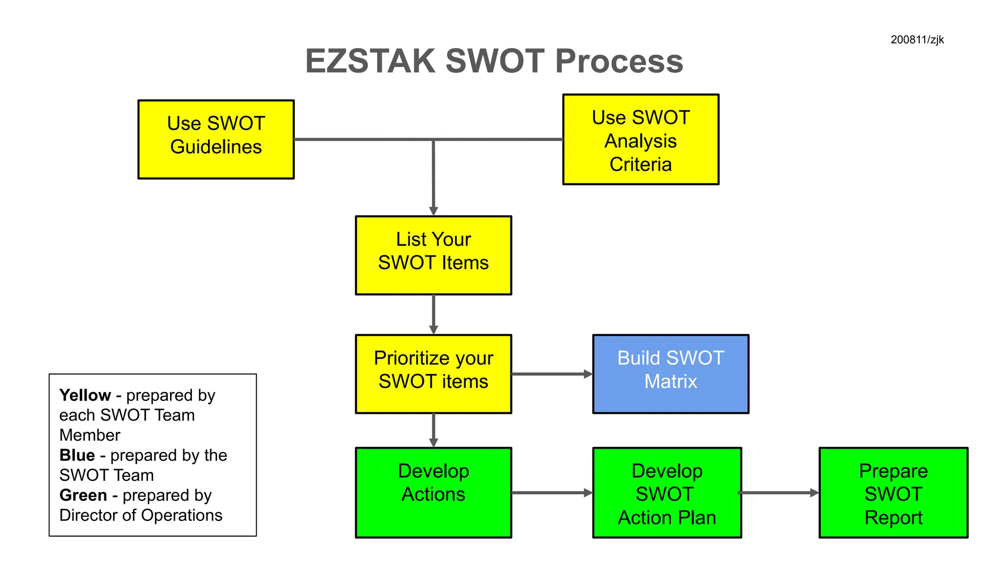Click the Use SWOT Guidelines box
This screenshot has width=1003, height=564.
[x=216, y=140]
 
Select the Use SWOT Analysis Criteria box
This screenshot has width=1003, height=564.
[x=641, y=140]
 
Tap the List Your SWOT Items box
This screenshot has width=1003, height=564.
[x=433, y=255]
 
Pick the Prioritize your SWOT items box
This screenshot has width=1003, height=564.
[x=433, y=374]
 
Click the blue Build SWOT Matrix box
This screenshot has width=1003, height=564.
[x=670, y=374]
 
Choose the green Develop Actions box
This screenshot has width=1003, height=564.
[x=433, y=493]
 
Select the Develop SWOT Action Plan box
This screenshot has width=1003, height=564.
[x=667, y=493]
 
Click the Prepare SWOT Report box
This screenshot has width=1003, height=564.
[x=893, y=493]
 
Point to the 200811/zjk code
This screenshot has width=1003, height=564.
[x=917, y=40]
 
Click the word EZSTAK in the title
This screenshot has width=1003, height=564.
[x=370, y=62]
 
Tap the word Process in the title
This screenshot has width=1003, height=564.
[x=619, y=62]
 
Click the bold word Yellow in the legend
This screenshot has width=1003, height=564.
[x=85, y=395]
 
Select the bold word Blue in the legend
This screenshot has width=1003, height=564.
[x=77, y=455]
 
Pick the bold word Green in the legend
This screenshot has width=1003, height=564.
[x=83, y=495]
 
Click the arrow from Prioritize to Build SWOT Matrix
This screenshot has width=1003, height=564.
[x=551, y=374]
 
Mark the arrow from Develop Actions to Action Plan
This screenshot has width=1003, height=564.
[x=551, y=493]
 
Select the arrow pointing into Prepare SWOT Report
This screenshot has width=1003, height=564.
[x=779, y=493]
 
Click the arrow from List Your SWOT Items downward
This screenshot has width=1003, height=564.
[x=433, y=314]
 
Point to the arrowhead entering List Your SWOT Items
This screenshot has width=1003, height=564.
[x=433, y=211]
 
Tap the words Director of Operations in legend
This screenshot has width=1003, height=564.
[x=141, y=516]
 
